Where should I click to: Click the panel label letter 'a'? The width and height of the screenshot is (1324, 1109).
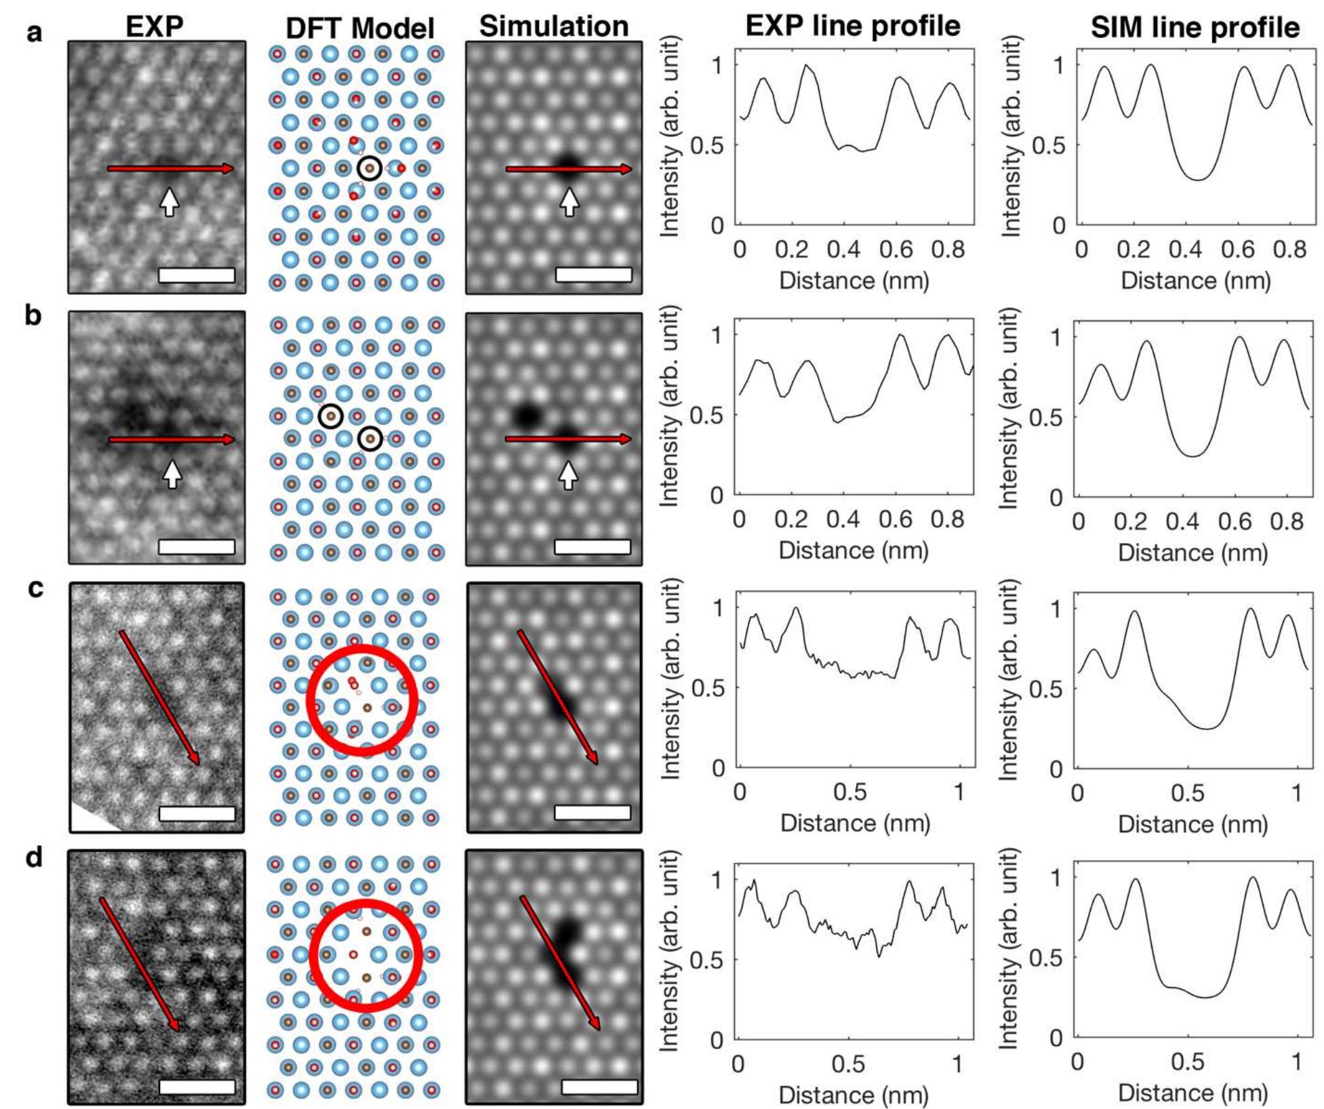pyautogui.click(x=33, y=32)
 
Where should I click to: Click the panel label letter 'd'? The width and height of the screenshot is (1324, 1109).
pyautogui.click(x=33, y=858)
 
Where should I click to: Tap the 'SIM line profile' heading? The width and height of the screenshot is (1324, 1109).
pyautogui.click(x=1195, y=28)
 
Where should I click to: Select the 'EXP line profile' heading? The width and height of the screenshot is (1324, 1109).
pyautogui.click(x=853, y=26)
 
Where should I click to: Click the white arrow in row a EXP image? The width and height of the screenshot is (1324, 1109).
pyautogui.click(x=169, y=201)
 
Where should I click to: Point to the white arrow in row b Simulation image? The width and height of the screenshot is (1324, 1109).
pyautogui.click(x=568, y=475)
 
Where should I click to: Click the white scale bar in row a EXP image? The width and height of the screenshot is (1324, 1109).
pyautogui.click(x=197, y=275)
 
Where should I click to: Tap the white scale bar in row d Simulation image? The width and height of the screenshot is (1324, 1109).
pyautogui.click(x=599, y=1087)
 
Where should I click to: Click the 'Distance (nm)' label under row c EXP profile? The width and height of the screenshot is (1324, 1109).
pyautogui.click(x=855, y=823)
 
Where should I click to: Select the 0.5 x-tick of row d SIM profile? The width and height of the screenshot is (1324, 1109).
pyautogui.click(x=1188, y=1061)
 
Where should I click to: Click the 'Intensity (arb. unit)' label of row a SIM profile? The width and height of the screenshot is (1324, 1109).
pyautogui.click(x=1010, y=136)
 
